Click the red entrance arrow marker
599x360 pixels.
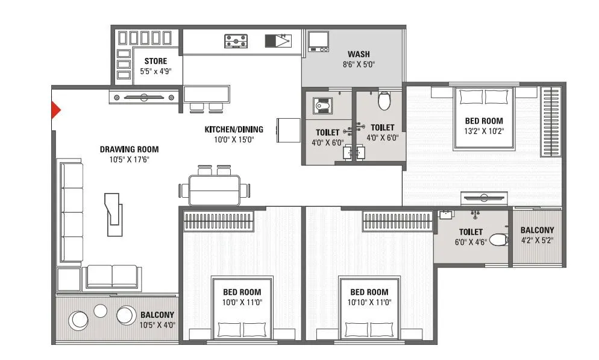coord(55,110)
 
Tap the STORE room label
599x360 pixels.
coord(155,61)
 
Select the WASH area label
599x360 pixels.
coord(359,54)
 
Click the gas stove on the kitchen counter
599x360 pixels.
coord(236,41)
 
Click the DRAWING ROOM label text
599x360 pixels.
coord(129,150)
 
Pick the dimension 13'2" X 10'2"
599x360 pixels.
coord(484,131)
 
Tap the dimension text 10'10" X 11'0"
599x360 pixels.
coord(369,302)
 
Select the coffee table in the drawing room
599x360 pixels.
coord(113,214)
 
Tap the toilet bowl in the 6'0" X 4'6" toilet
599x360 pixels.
coord(498,241)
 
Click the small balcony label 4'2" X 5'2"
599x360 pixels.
coord(537,240)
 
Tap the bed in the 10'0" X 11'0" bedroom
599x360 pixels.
coord(242,308)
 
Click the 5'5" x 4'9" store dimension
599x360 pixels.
coord(155,71)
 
